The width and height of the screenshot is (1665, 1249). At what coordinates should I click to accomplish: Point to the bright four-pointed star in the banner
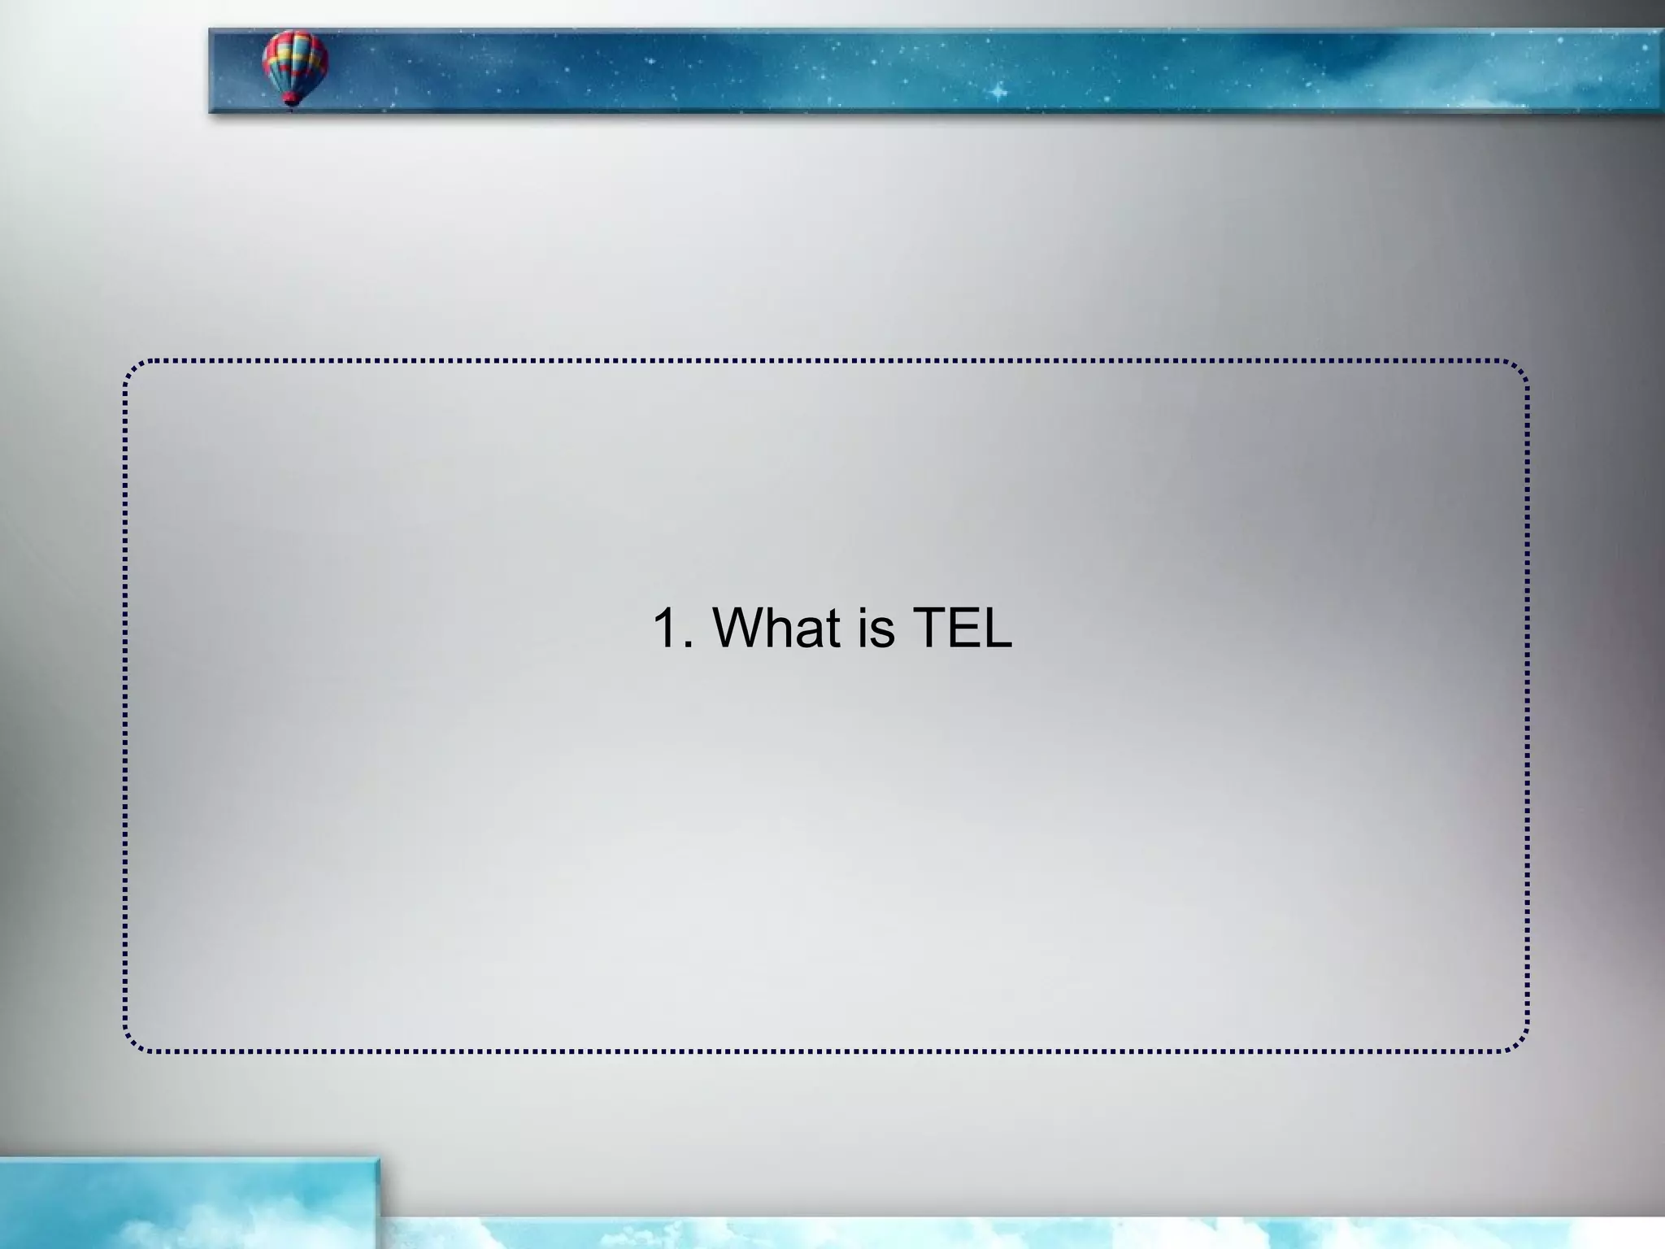pyautogui.click(x=998, y=92)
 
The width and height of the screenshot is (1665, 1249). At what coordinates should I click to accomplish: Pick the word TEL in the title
pyautogui.click(x=963, y=628)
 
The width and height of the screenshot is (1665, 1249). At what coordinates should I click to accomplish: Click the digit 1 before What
pyautogui.click(x=667, y=628)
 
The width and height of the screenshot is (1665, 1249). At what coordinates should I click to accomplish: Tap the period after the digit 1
pyautogui.click(x=689, y=646)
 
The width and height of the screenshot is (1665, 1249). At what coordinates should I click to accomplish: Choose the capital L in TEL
pyautogui.click(x=999, y=628)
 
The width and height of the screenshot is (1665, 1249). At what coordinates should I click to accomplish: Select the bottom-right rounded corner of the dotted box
pyautogui.click(x=1521, y=1043)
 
